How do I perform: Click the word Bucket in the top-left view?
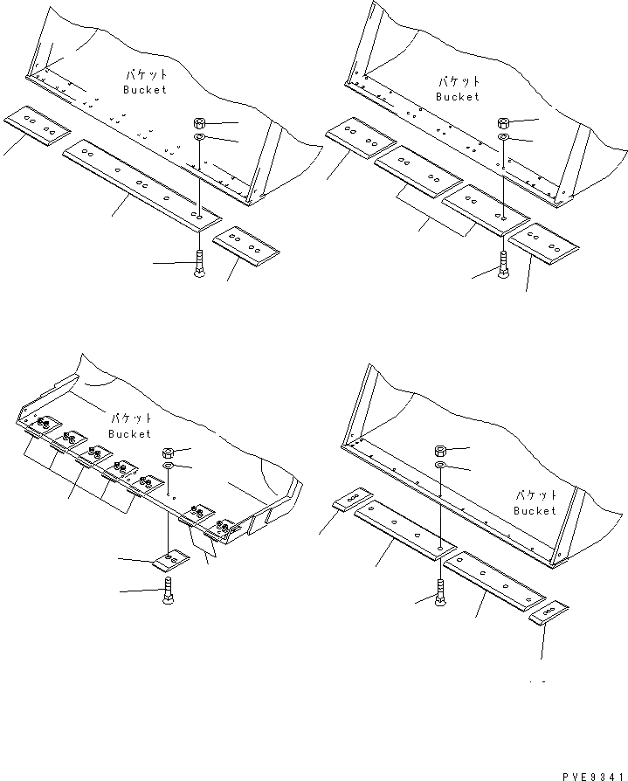[x=144, y=90]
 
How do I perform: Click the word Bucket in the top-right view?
[x=459, y=96]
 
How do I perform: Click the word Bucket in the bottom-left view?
[x=129, y=433]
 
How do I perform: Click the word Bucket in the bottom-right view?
[x=535, y=510]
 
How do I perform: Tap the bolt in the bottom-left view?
[x=168, y=593]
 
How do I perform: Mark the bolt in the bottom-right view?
[x=438, y=594]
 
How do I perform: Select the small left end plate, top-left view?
[x=36, y=123]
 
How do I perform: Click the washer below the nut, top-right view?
[x=505, y=138]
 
